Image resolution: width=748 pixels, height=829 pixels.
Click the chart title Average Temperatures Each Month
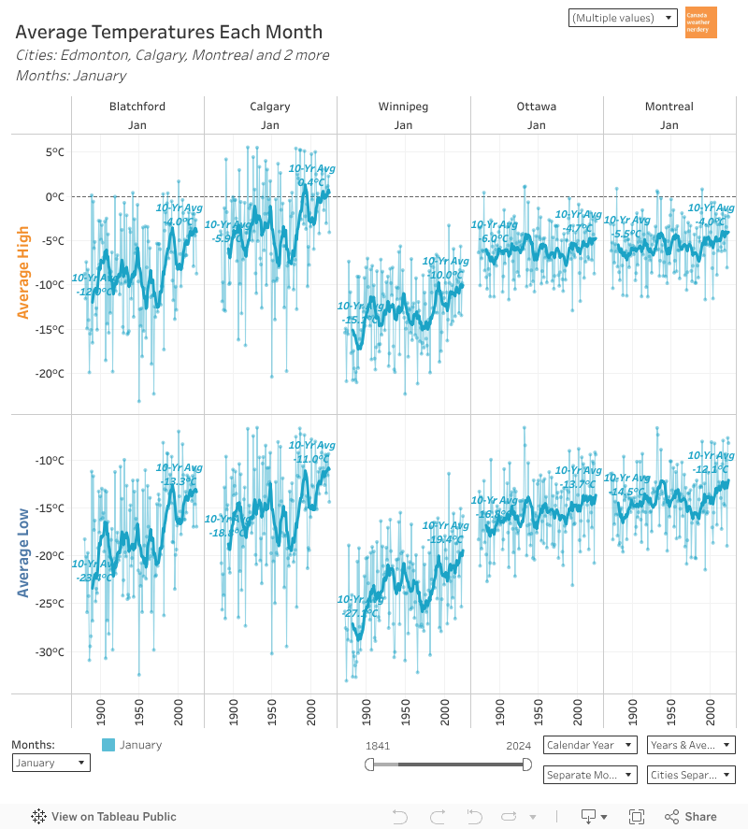168,33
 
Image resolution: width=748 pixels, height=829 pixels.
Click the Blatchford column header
137,107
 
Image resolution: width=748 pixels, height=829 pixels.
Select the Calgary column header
270,107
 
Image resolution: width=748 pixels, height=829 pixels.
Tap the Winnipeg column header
403,107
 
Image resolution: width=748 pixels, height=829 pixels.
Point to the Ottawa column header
536,107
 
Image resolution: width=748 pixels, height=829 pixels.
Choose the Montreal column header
669,107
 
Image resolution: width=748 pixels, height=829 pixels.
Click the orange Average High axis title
23,273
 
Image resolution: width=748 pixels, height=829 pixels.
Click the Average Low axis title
23,553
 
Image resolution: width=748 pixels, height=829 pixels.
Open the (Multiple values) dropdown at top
622,18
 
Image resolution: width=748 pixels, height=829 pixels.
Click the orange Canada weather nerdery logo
700,22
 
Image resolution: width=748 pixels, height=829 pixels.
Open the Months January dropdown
51,763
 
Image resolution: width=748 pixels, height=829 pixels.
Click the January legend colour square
108,745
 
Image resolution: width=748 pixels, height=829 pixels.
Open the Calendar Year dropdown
589,745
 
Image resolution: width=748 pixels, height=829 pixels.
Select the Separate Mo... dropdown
589,775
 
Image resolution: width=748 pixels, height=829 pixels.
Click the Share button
691,817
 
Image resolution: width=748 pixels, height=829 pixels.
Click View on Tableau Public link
104,817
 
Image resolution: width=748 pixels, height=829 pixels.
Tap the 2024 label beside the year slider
519,745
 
